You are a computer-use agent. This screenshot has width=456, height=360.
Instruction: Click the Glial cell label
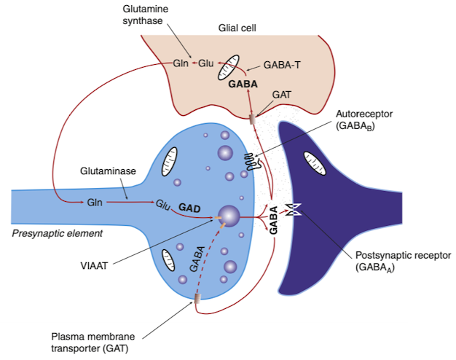click(x=237, y=28)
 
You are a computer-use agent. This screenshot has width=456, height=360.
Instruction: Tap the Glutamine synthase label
click(x=146, y=15)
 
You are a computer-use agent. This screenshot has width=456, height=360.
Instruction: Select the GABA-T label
click(x=282, y=65)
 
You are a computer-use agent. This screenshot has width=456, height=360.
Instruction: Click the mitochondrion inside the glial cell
click(x=229, y=67)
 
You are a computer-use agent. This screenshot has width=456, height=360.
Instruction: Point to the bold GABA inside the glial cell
click(x=243, y=84)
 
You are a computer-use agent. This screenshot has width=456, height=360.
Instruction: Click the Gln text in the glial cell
click(x=181, y=63)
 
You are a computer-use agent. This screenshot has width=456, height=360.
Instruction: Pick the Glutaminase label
click(x=108, y=171)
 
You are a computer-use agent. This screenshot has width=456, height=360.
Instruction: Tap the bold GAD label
click(x=189, y=208)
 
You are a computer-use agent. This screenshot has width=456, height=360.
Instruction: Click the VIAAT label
click(x=94, y=265)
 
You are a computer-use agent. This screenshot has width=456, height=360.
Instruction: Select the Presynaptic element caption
click(x=57, y=233)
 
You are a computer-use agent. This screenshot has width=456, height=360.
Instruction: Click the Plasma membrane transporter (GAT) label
click(x=93, y=343)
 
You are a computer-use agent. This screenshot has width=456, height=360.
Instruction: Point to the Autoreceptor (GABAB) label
click(x=364, y=120)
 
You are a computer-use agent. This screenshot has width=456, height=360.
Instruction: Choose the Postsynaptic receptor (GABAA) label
click(x=403, y=262)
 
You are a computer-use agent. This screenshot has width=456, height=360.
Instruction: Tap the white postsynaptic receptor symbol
click(x=294, y=210)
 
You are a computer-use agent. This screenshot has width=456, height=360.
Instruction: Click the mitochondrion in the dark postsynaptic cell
click(x=315, y=163)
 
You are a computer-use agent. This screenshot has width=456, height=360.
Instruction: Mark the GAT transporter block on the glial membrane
click(x=253, y=120)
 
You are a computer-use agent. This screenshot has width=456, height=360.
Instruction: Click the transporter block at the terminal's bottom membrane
click(x=197, y=299)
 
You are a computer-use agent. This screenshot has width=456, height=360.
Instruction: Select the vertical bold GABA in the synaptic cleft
click(x=273, y=220)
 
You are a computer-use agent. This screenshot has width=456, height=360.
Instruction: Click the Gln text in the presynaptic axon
click(x=95, y=203)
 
